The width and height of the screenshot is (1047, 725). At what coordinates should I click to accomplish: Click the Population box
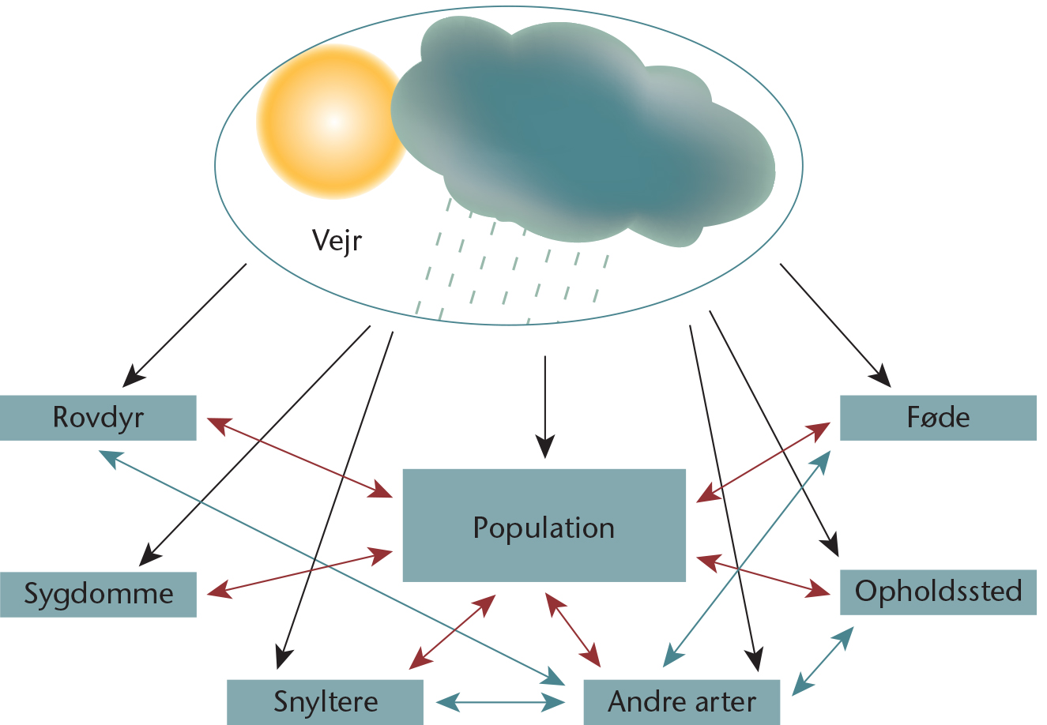pyautogui.click(x=544, y=525)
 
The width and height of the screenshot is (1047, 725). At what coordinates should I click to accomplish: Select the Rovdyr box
pyautogui.click(x=98, y=418)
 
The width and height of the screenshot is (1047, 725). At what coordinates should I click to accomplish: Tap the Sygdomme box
pyautogui.click(x=98, y=595)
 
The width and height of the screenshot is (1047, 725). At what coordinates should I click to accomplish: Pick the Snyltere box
pyautogui.click(x=326, y=702)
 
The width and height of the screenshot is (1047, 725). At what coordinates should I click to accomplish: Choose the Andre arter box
pyautogui.click(x=682, y=702)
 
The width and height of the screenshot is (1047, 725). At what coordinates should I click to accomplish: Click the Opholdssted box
pyautogui.click(x=939, y=592)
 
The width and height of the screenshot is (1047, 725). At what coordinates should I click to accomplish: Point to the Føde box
pyautogui.click(x=939, y=418)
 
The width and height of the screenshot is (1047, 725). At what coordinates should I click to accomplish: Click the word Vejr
pyautogui.click(x=337, y=241)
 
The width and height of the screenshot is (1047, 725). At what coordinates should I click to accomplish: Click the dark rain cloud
pyautogui.click(x=582, y=131)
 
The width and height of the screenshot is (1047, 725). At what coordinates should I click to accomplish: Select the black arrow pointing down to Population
pyautogui.click(x=545, y=407)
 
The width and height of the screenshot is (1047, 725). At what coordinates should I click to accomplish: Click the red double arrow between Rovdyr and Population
pyautogui.click(x=299, y=458)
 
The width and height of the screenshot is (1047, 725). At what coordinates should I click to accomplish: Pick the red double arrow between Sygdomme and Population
pyautogui.click(x=299, y=573)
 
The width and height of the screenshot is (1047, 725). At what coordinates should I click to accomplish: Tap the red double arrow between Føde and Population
pyautogui.click(x=763, y=463)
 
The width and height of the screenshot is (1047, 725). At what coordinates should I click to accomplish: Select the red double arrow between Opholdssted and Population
pyautogui.click(x=763, y=577)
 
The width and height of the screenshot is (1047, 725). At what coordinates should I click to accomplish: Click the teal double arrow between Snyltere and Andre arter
pyautogui.click(x=501, y=702)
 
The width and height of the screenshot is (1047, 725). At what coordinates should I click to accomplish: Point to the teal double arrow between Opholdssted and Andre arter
pyautogui.click(x=823, y=662)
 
